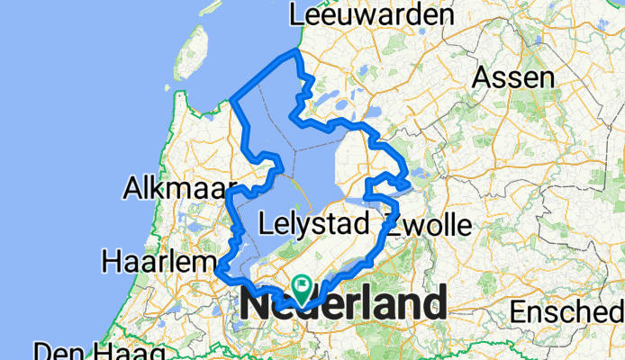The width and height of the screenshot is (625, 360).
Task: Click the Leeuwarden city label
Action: coord(371,16)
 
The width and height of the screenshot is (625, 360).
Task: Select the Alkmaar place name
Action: coord(168,190)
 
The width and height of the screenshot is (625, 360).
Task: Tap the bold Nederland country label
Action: coord(342,305)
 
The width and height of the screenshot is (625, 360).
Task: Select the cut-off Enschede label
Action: coord(567,311)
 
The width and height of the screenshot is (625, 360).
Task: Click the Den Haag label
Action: coord(99,351)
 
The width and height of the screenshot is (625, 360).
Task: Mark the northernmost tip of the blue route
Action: coord(296,53)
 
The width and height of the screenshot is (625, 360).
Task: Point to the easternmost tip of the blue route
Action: coord(410,185)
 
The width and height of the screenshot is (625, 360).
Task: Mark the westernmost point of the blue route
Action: coord(218,267)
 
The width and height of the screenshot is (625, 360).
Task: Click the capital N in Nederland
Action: coord(255,305)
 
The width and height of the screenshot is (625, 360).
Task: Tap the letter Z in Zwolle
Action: coord(394,222)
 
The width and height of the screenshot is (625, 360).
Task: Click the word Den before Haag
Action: coord(55,351)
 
